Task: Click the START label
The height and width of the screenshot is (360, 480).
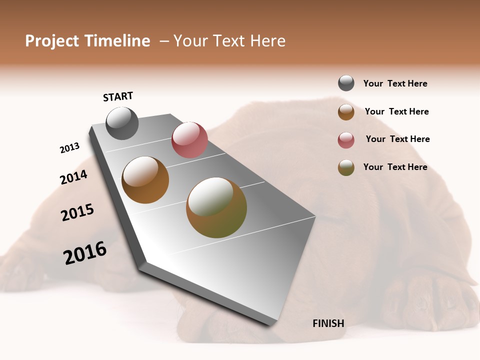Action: [x=118, y=96]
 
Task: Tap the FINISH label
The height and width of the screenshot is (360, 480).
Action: [x=328, y=323]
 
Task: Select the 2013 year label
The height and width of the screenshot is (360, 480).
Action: [x=69, y=148]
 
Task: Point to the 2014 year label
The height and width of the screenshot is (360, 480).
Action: [x=73, y=177]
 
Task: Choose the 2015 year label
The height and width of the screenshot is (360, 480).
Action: [x=77, y=212]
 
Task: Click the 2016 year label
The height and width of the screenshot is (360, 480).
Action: [x=85, y=253]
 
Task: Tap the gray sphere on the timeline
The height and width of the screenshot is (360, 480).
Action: [x=122, y=123]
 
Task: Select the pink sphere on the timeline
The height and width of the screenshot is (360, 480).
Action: [x=189, y=140]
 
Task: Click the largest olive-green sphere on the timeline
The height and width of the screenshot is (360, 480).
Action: [x=216, y=207]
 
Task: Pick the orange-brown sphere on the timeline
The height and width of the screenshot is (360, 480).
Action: [x=145, y=179]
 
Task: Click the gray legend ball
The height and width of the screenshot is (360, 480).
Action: [x=346, y=83]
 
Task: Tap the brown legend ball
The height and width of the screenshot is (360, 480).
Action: [x=346, y=112]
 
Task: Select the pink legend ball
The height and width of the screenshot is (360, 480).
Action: [x=346, y=140]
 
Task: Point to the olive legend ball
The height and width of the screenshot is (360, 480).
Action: [x=346, y=167]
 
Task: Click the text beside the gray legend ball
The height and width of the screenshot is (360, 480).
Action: [x=395, y=83]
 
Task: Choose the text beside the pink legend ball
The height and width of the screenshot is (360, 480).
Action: [x=397, y=139]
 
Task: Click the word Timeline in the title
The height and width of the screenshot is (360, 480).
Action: [x=117, y=41]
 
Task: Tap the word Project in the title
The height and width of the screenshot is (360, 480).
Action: [x=52, y=41]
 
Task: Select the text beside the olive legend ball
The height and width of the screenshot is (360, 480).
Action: [x=395, y=167]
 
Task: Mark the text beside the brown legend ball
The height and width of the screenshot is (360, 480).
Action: [x=396, y=111]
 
